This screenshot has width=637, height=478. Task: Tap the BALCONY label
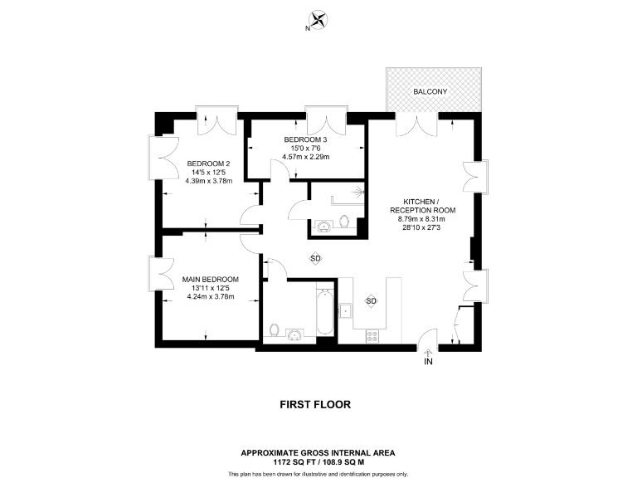point(433,90)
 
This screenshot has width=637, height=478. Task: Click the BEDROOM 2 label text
point(209,163)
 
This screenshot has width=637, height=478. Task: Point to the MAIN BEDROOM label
point(211,279)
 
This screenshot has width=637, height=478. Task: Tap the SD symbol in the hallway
point(315,258)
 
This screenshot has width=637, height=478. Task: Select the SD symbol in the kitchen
point(372,300)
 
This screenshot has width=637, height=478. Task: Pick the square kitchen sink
point(346,311)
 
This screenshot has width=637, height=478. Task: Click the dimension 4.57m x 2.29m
point(306,156)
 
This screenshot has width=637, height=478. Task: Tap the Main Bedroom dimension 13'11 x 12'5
point(211,287)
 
